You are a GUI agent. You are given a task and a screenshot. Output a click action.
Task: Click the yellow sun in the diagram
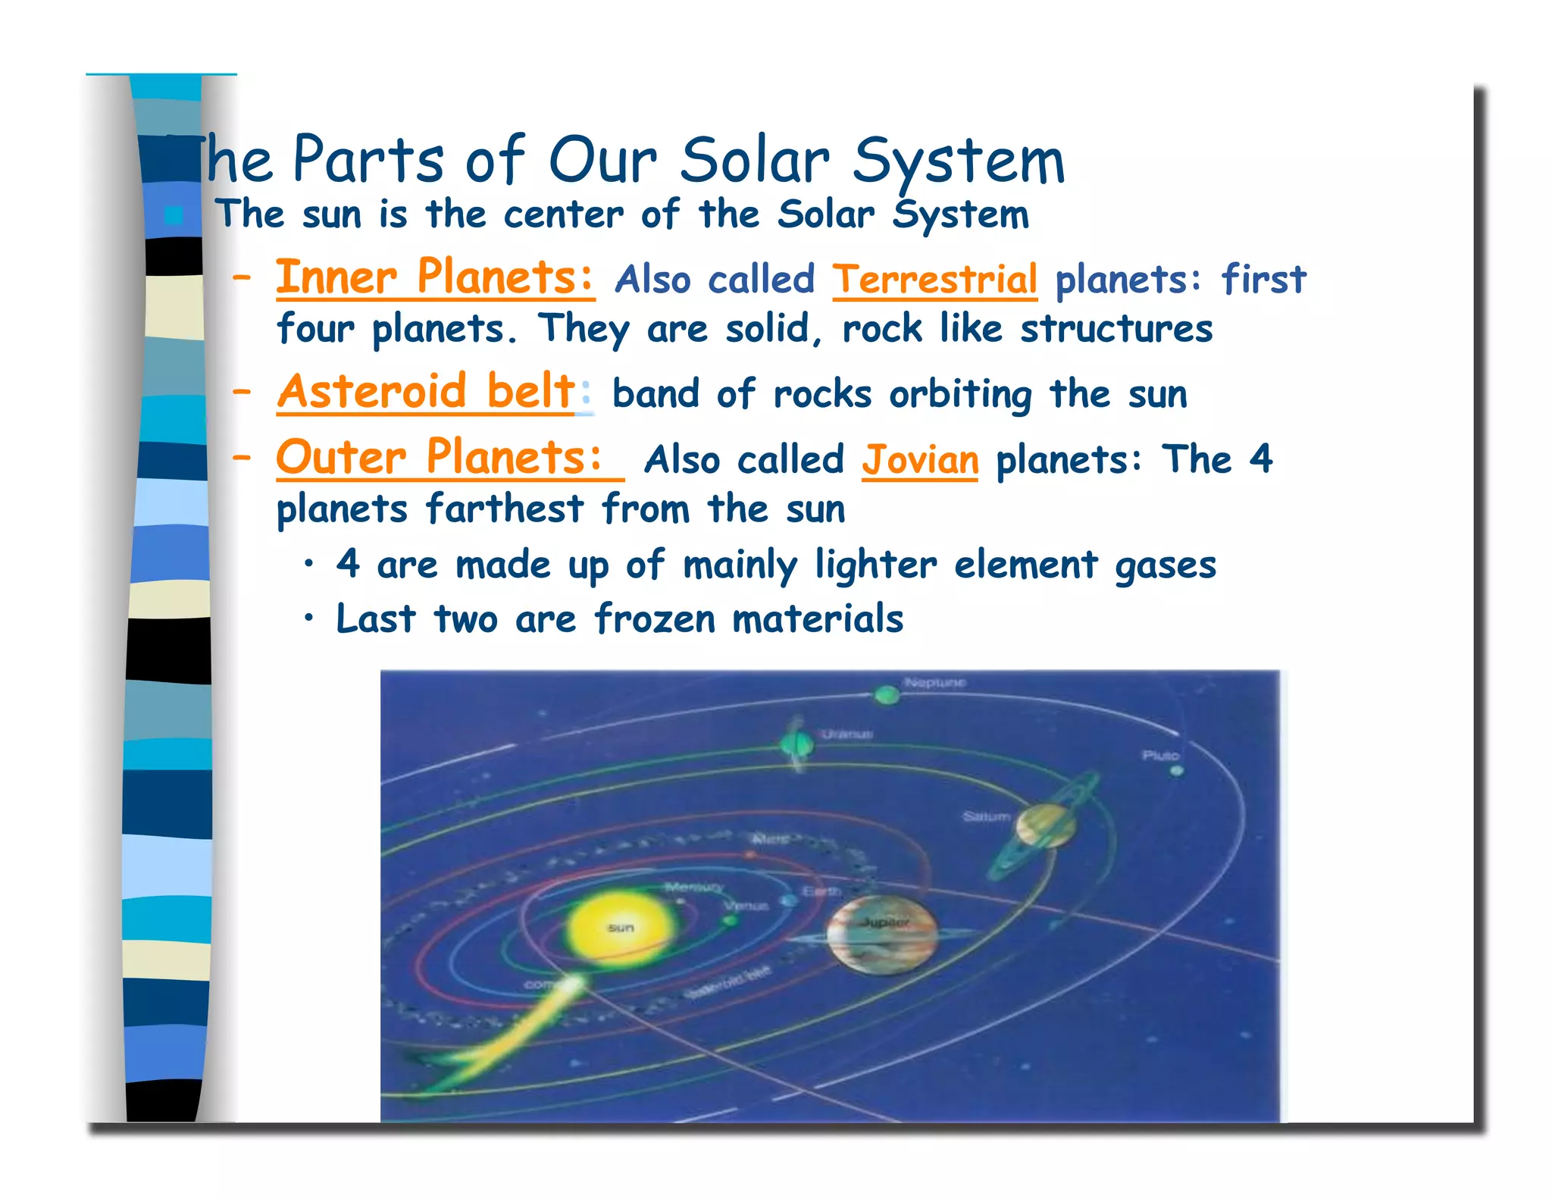click(620, 926)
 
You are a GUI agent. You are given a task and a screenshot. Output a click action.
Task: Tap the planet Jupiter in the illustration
click(881, 934)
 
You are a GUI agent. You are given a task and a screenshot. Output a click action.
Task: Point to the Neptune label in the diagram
click(934, 683)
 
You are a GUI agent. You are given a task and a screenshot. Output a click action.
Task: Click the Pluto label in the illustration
click(1159, 756)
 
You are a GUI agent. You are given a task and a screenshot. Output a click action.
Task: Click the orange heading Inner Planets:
click(434, 277)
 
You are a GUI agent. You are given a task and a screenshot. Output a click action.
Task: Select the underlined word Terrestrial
click(934, 279)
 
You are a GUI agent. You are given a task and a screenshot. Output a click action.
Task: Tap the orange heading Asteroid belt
click(426, 392)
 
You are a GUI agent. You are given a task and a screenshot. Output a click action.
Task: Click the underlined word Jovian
click(920, 460)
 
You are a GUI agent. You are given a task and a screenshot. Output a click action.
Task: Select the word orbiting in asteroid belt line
click(960, 395)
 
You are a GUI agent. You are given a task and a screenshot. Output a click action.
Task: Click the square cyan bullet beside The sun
click(174, 216)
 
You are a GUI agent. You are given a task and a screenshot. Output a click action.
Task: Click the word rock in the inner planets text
click(881, 330)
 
